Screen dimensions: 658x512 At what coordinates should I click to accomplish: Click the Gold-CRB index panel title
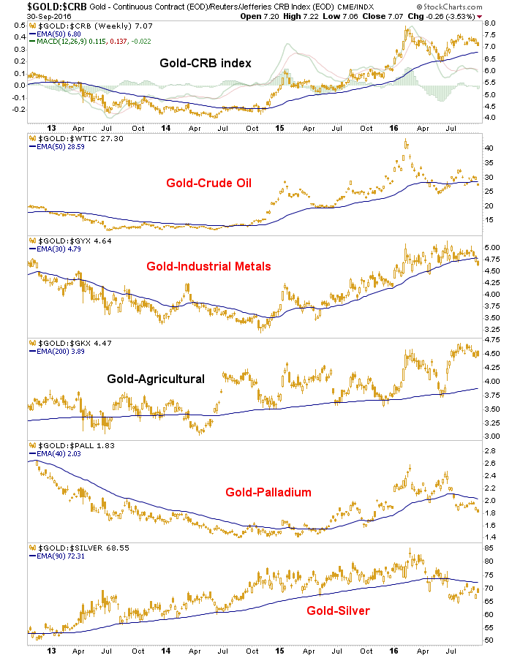click(x=206, y=63)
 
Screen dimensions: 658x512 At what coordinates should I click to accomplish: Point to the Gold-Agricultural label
click(x=156, y=379)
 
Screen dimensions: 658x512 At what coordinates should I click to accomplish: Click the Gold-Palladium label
click(x=269, y=492)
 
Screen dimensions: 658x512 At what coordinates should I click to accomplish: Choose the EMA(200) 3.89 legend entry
click(x=58, y=352)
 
